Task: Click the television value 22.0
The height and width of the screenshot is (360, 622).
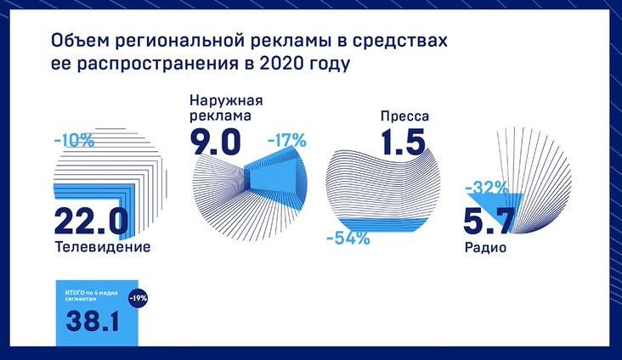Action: tap(91, 222)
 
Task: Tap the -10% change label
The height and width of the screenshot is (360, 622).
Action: tap(74, 141)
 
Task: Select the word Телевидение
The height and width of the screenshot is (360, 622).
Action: tap(103, 246)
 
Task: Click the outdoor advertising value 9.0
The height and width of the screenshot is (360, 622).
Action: tap(215, 143)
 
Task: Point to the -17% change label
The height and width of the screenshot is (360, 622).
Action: tap(287, 140)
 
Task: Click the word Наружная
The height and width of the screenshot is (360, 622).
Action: tap(226, 100)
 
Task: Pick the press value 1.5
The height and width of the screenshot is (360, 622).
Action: tap(404, 142)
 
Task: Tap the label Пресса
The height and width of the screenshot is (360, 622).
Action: tap(404, 116)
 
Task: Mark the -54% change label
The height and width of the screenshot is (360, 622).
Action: tap(348, 239)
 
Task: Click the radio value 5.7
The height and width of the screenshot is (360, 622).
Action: tap(489, 221)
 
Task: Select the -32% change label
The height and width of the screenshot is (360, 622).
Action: tap(486, 188)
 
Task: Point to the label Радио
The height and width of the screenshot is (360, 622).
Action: tap(485, 248)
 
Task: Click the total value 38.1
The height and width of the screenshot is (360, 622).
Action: tap(93, 320)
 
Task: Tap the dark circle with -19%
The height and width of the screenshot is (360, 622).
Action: tap(138, 298)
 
